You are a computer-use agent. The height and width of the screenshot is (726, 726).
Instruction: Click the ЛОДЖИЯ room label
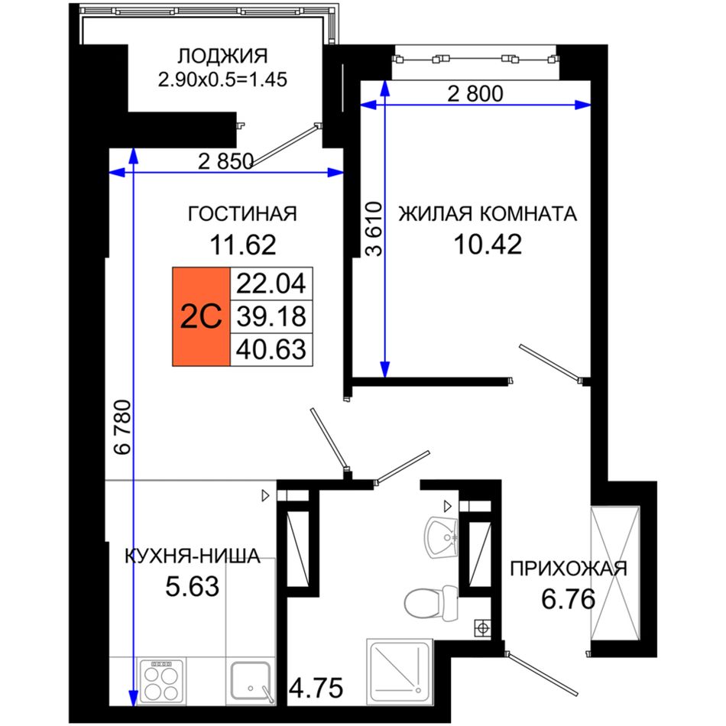[x=222, y=56]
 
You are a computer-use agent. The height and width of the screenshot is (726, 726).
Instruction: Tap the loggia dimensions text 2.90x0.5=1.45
[x=222, y=79]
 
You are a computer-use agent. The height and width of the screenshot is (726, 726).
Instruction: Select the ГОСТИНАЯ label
[x=242, y=214]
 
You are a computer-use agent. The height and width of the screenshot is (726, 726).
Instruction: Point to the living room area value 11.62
[x=243, y=245]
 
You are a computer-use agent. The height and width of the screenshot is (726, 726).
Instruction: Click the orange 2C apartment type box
[x=202, y=316]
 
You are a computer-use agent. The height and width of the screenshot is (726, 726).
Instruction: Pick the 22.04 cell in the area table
[x=271, y=284]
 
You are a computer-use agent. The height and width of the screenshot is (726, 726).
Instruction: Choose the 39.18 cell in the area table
[x=271, y=316]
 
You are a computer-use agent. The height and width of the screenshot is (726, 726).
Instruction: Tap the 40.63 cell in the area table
[x=271, y=349]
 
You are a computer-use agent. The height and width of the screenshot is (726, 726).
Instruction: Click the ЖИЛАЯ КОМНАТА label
[x=488, y=214]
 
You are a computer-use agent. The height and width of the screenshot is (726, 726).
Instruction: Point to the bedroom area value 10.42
[x=488, y=245]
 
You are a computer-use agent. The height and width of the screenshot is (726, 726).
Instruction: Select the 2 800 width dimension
[x=475, y=94]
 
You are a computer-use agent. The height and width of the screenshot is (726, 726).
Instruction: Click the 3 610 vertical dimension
[x=374, y=228]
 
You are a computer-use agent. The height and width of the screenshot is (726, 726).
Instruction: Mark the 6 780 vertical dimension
[x=123, y=427]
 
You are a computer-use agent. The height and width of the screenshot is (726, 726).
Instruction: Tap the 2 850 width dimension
[x=225, y=161]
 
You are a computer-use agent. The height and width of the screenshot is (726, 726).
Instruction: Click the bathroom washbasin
[x=441, y=537]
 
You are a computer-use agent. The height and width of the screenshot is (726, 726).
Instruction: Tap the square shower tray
[x=400, y=673]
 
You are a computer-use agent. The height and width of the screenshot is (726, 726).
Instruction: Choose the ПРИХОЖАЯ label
[x=569, y=569]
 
